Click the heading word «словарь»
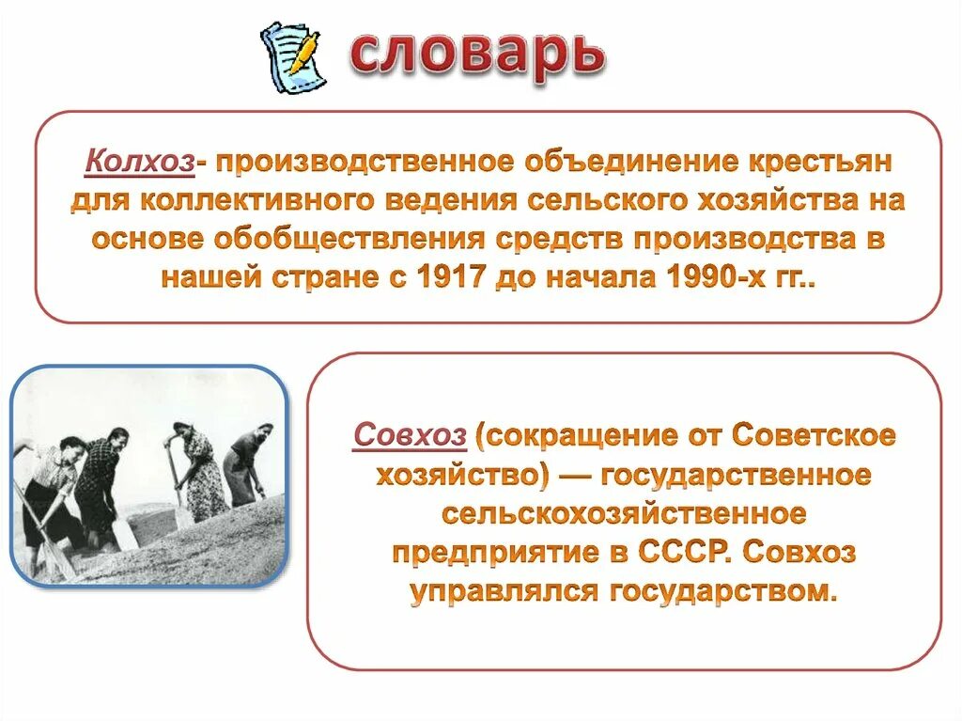pyautogui.click(x=476, y=55)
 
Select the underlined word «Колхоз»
pyautogui.click(x=140, y=162)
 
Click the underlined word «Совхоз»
pyautogui.click(x=410, y=435)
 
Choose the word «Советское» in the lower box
pyautogui.click(x=813, y=435)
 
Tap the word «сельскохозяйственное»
pyautogui.click(x=624, y=514)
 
